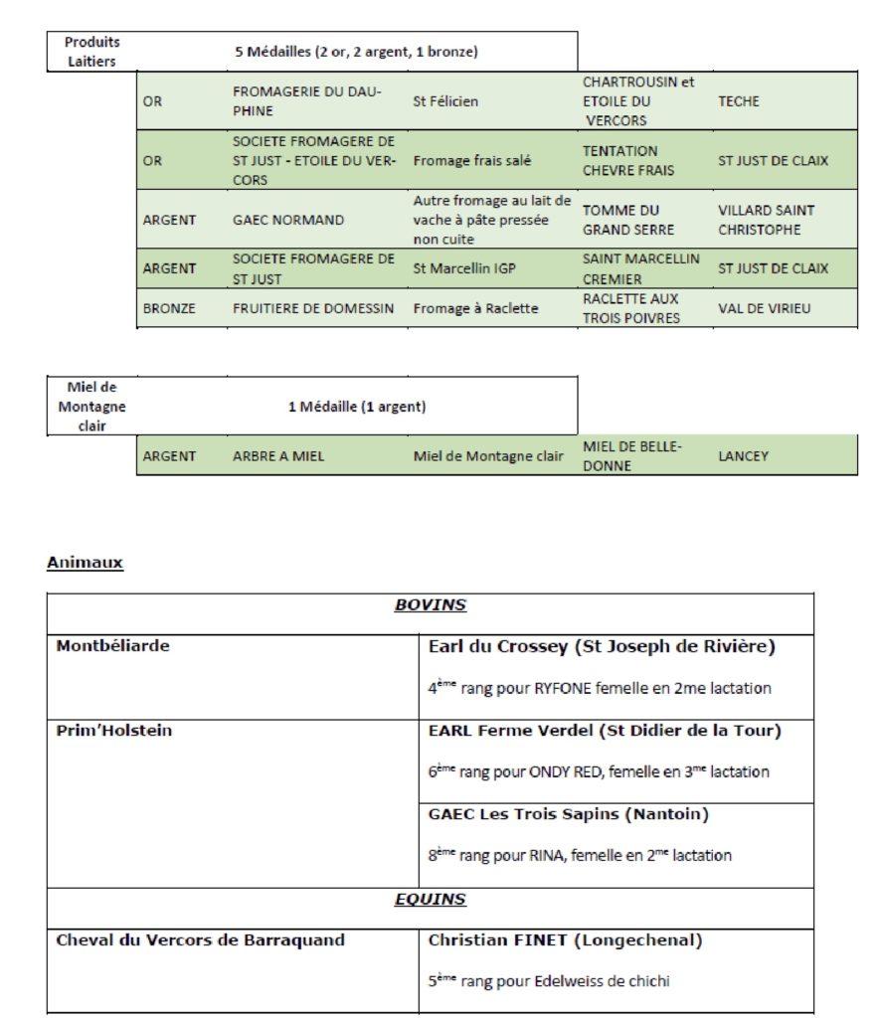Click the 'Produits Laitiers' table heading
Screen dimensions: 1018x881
[91, 52]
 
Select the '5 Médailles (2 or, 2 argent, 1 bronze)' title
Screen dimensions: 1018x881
[356, 52]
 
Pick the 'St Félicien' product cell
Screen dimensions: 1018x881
[445, 101]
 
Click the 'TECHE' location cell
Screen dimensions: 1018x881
[739, 101]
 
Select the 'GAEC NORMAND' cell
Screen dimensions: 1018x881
[288, 220]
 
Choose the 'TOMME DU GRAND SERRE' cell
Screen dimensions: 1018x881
[621, 220]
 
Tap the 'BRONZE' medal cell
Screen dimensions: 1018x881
[169, 308]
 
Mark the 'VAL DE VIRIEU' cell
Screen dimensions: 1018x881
[764, 308]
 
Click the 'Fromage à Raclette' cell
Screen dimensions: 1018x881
[475, 308]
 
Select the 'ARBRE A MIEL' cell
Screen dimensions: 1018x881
[278, 456]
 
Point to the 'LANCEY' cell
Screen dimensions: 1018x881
[743, 456]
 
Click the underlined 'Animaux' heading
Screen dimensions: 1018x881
[85, 563]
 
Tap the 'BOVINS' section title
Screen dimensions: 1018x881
[430, 604]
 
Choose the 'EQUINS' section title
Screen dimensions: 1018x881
[430, 900]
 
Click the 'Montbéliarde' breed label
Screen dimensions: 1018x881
[112, 646]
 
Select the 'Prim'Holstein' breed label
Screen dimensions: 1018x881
[113, 731]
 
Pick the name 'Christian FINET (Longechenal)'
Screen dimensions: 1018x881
[567, 939]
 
